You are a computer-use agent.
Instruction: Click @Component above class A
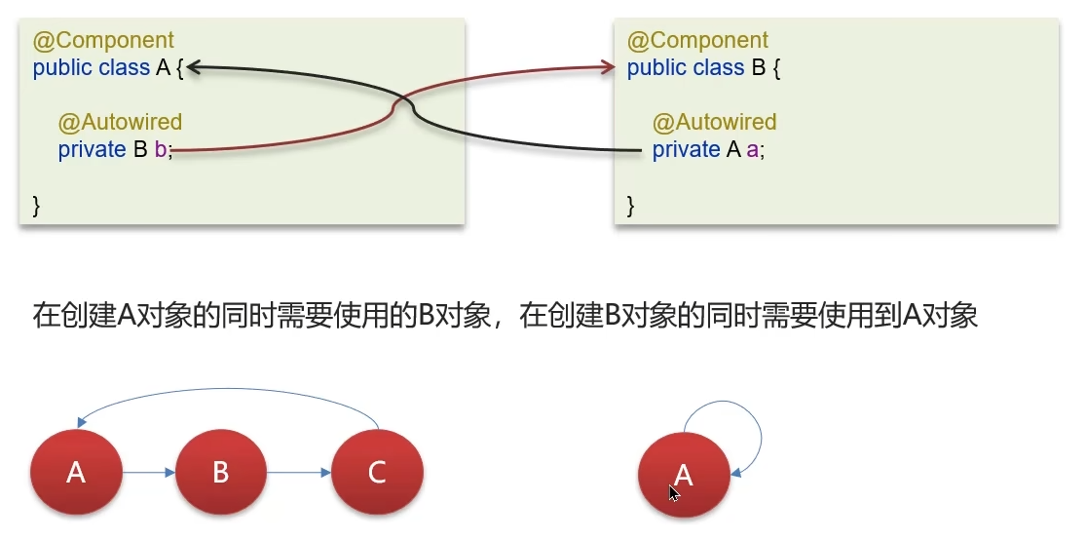103,41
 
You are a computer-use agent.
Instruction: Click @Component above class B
697,41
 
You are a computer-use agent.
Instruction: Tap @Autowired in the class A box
120,122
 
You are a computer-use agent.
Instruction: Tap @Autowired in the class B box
714,122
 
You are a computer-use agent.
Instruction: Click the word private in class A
92,150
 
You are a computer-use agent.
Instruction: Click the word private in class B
686,150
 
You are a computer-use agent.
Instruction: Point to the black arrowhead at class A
192,67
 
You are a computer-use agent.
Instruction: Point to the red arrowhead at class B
608,67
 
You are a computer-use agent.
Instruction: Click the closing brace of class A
37,205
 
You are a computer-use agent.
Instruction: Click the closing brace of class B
631,205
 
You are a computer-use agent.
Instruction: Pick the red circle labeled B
220,473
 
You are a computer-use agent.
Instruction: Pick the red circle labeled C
377,473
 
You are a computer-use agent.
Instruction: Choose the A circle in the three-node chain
76,473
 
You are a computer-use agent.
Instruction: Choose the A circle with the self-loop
684,475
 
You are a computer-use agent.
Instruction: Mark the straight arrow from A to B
149,473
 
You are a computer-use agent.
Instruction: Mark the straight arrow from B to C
299,473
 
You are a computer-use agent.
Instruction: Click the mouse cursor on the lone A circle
674,492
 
